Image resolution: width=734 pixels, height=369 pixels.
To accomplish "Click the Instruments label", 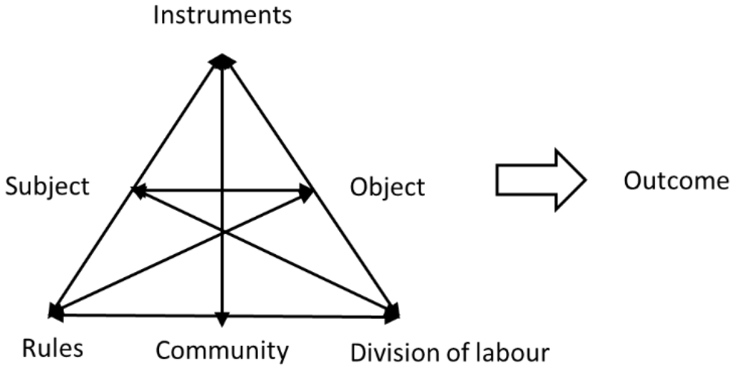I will [223, 16].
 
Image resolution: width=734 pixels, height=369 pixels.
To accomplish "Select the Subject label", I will [47, 187].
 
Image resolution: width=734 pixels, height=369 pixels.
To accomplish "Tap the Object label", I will [387, 187].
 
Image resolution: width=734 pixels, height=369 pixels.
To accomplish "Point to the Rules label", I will [52, 350].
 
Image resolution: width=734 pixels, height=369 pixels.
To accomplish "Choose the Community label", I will [222, 351].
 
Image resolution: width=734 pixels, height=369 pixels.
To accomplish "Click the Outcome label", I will [676, 182].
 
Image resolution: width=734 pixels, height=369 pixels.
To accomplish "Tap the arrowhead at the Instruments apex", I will [222, 62].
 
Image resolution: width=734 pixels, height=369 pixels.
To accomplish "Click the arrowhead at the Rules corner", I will [55, 311].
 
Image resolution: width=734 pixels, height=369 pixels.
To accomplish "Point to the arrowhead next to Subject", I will [138, 191].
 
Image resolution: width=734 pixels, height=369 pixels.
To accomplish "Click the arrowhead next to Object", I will [306, 192].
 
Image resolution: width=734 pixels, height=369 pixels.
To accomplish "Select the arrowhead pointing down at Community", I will [222, 320].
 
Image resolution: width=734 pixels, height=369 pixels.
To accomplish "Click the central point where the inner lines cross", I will [223, 231].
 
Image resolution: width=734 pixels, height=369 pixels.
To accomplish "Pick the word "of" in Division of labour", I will [459, 352].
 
